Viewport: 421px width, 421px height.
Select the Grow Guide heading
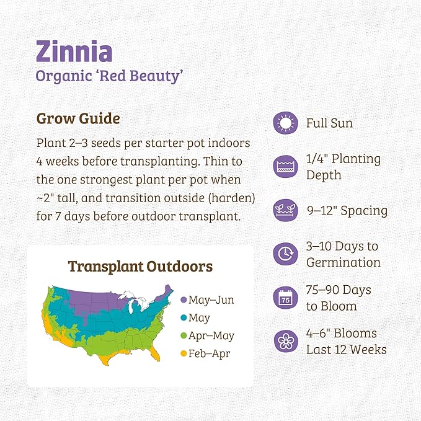tap(78, 118)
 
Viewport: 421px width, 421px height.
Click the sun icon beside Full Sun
tap(285, 123)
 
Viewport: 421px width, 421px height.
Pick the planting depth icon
tap(285, 167)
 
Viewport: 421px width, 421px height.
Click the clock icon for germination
tap(285, 254)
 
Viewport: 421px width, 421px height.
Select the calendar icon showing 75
tap(285, 298)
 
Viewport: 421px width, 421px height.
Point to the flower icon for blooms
tap(285, 341)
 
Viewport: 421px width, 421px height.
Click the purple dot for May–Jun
tap(184, 300)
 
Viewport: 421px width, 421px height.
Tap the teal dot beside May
tap(184, 318)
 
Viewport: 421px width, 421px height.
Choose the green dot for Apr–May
tap(184, 336)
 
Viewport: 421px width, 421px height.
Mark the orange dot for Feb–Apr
tap(184, 354)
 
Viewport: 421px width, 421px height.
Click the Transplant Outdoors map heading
tap(140, 267)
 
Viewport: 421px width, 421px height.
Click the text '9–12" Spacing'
tap(347, 211)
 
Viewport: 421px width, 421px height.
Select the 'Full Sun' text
tap(329, 123)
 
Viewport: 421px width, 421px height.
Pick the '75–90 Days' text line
tap(339, 290)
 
